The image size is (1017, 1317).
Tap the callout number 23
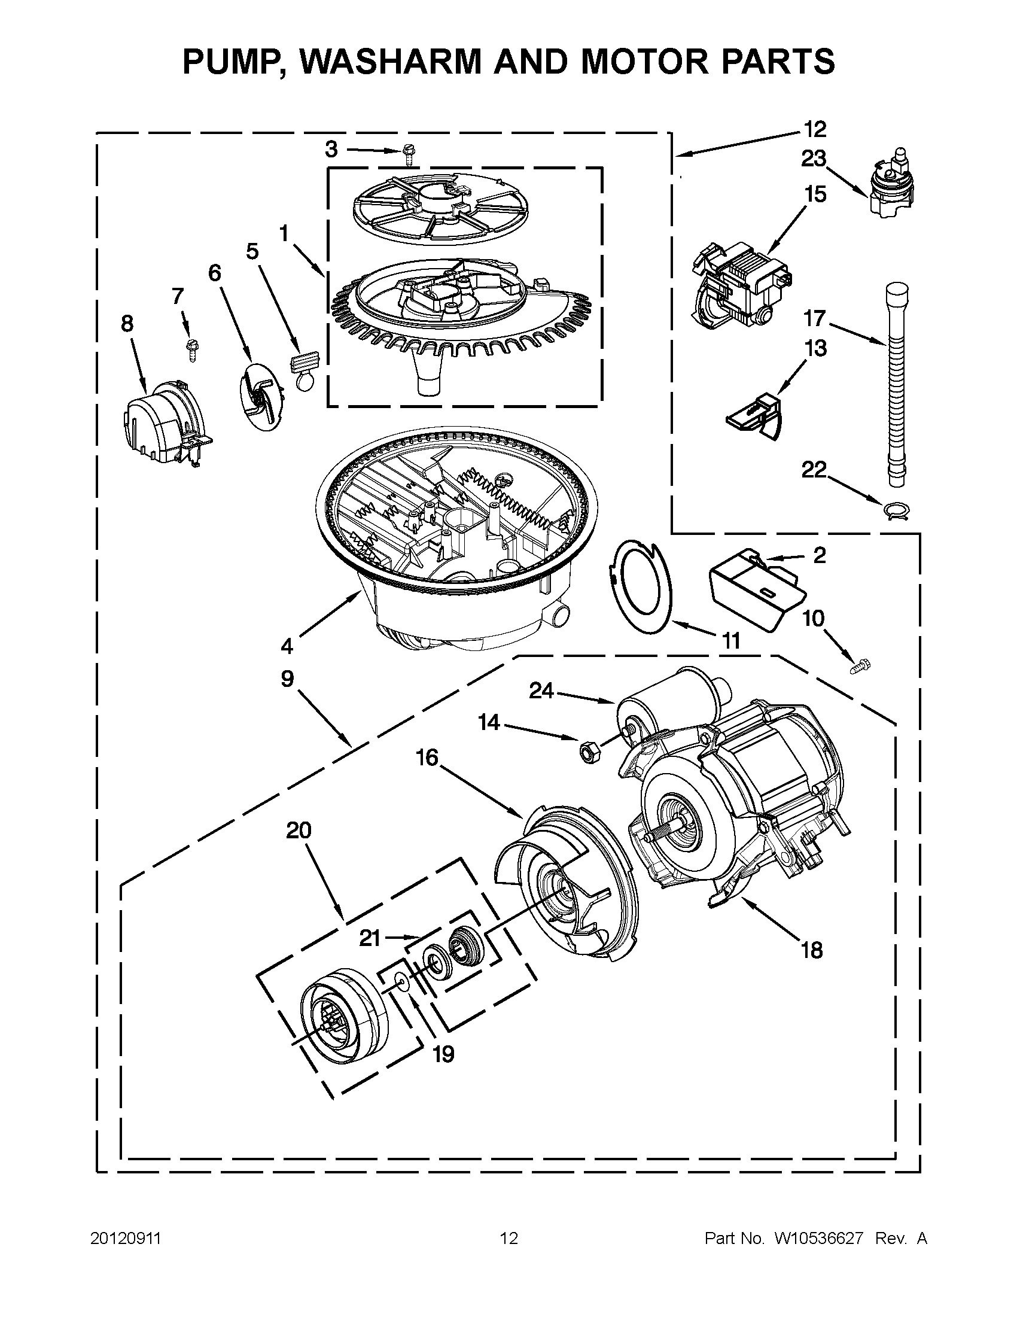pyautogui.click(x=813, y=159)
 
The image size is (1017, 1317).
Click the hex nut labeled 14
pyautogui.click(x=586, y=752)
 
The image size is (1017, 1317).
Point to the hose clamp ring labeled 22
pyautogui.click(x=896, y=511)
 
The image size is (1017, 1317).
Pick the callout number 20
pyautogui.click(x=299, y=831)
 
